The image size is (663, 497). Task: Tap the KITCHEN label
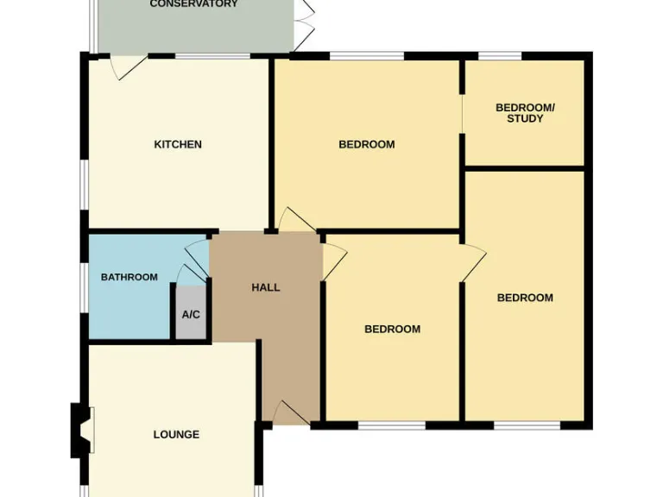click(178, 144)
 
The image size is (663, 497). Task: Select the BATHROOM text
click(129, 277)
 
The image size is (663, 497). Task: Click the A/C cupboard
click(191, 314)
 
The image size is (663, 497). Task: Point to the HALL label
click(266, 287)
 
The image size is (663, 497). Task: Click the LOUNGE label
click(176, 434)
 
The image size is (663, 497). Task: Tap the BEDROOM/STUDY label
click(525, 113)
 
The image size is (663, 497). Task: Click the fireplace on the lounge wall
click(80, 431)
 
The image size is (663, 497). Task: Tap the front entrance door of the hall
click(289, 413)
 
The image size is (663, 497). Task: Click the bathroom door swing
click(197, 254)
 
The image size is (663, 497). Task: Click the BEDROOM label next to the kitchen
click(366, 144)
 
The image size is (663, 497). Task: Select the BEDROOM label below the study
click(525, 298)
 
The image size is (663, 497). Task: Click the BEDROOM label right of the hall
click(392, 329)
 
